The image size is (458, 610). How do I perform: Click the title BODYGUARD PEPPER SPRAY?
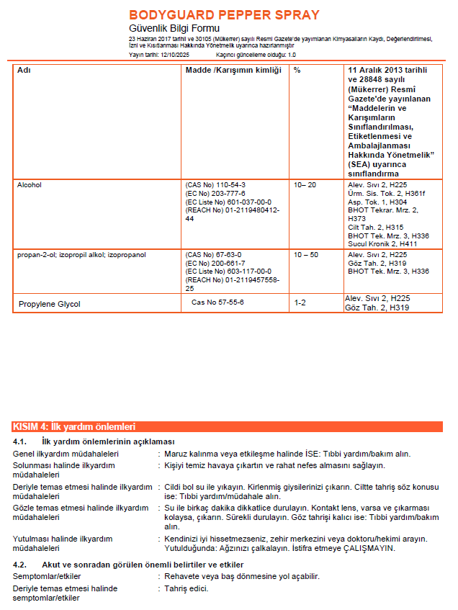tap(224, 14)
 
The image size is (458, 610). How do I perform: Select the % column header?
tap(297, 70)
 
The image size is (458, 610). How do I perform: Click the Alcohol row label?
tap(30, 185)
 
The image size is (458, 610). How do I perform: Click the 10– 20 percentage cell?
tap(305, 185)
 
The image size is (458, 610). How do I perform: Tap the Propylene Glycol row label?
tap(50, 304)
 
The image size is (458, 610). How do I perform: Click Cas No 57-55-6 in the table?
tap(217, 302)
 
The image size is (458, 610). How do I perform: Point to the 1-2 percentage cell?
tap(300, 302)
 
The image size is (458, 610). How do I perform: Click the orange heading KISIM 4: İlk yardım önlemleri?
tap(74, 426)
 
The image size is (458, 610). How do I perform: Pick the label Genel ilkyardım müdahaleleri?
tap(66, 454)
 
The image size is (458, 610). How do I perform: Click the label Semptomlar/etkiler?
tap(47, 577)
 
